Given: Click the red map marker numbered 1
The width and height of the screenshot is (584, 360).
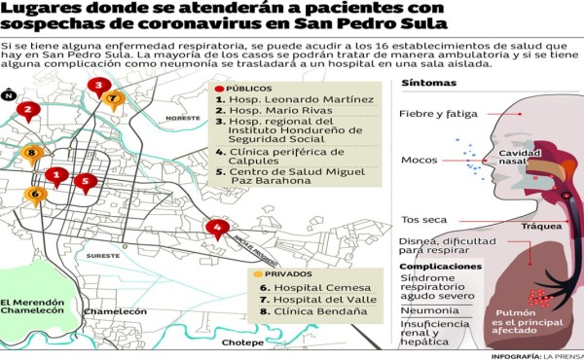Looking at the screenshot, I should pyautogui.click(x=57, y=176).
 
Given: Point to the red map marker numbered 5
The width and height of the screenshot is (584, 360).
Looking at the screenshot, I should pyautogui.click(x=87, y=181).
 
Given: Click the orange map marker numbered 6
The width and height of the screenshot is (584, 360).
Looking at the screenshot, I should pyautogui.click(x=36, y=195).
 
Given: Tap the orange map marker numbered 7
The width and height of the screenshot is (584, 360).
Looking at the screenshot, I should pyautogui.click(x=114, y=98).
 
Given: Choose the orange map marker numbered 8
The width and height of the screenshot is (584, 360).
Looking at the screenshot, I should pyautogui.click(x=32, y=153).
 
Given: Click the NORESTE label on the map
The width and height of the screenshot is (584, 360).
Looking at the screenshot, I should pyautogui.click(x=182, y=118).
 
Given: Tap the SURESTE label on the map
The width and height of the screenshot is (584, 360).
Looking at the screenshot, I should pyautogui.click(x=103, y=256).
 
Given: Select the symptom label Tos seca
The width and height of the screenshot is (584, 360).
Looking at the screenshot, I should pyautogui.click(x=422, y=218).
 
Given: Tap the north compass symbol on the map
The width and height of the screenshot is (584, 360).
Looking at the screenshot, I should pyautogui.click(x=9, y=94).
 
